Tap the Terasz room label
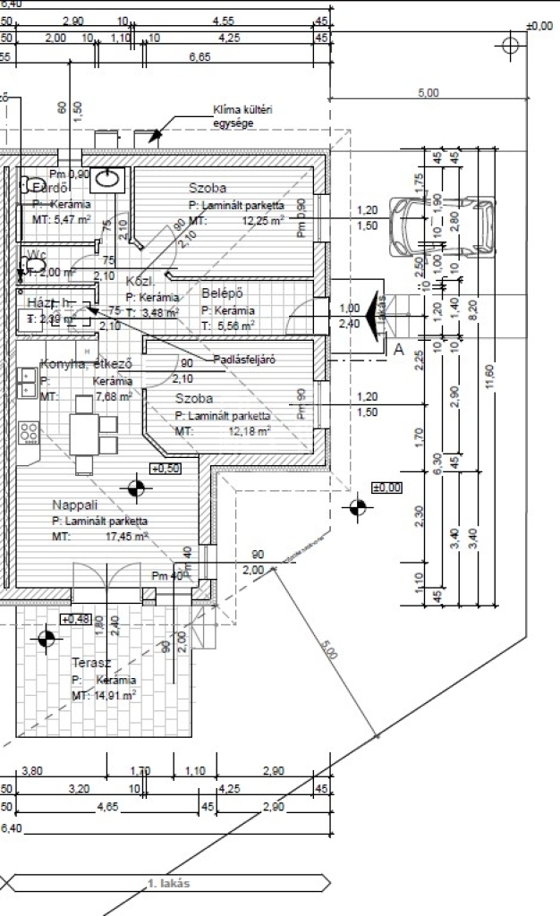click(x=91, y=663)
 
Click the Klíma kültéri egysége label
click(x=242, y=116)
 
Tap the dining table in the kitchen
click(x=85, y=434)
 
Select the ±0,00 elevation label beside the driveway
click(x=387, y=488)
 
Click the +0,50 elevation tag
click(x=165, y=468)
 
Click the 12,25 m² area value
click(x=262, y=219)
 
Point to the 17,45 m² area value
click(x=127, y=536)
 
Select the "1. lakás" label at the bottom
click(x=168, y=884)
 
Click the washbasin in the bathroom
click(x=110, y=178)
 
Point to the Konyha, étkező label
click(x=86, y=364)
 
